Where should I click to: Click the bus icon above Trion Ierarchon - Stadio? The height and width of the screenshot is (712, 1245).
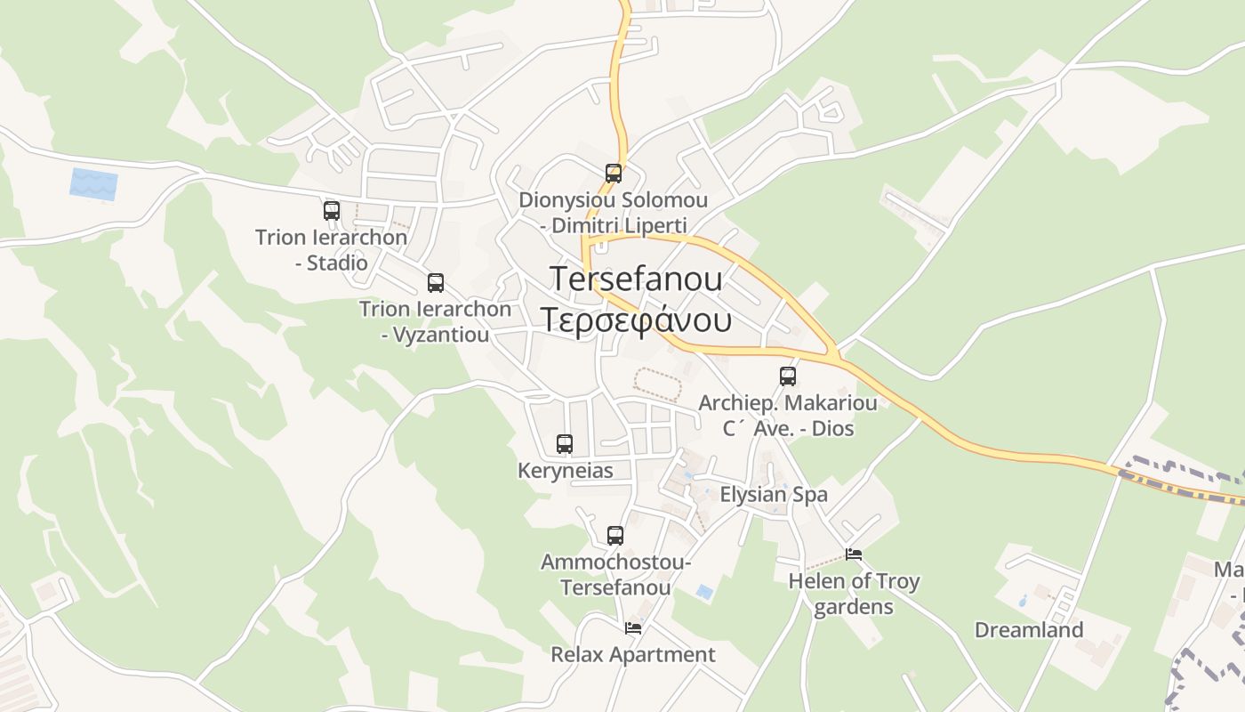tap(332, 211)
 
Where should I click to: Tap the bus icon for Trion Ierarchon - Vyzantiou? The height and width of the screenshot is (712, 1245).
tap(436, 283)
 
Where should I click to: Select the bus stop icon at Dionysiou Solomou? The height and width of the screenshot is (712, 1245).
tap(614, 174)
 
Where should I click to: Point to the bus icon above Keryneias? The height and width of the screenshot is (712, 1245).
tap(565, 443)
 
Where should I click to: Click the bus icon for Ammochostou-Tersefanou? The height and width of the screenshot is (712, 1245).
tap(615, 535)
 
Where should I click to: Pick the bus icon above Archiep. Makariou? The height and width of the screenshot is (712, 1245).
tap(788, 376)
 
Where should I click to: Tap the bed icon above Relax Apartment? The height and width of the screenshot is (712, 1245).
tap(633, 627)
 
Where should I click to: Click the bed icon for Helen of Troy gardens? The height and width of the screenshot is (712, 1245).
tap(854, 554)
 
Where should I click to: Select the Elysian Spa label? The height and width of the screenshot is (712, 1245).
tap(774, 495)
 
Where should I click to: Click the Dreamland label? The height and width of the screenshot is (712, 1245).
tap(1029, 630)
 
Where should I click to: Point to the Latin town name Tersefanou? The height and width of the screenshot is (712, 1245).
tap(636, 278)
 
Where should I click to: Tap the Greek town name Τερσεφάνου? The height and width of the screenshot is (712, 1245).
tap(636, 320)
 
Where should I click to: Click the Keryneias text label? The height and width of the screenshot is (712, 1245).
tap(566, 470)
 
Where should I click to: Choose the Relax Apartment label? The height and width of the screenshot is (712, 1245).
tap(633, 655)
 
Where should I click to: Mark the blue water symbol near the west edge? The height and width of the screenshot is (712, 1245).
tap(93, 184)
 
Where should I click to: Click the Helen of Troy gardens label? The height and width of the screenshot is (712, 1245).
tap(854, 594)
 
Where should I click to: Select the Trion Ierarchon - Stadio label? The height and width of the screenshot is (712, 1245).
tap(332, 250)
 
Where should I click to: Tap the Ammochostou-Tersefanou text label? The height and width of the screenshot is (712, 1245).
tap(615, 575)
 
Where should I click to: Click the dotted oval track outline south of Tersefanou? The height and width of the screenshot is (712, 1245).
tap(656, 384)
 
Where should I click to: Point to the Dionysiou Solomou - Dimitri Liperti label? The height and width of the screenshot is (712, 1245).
tap(614, 213)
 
